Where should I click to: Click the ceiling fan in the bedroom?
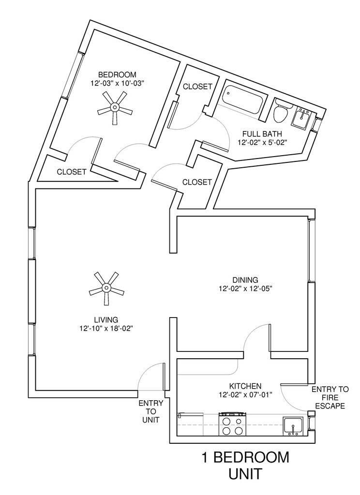(115, 108)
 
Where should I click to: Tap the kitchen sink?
(293, 426)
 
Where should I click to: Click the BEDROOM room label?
(117, 74)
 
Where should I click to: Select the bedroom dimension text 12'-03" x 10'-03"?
(118, 83)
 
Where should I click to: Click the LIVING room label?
(106, 319)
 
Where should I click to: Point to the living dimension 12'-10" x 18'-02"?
(106, 328)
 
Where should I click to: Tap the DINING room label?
(245, 280)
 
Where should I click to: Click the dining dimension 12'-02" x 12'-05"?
(245, 289)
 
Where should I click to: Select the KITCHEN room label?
(245, 386)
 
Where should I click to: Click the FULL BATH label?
(263, 134)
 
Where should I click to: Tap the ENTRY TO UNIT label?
(151, 411)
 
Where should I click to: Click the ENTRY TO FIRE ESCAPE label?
(330, 397)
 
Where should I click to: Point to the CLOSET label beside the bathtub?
(197, 87)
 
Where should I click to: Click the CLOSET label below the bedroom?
(72, 172)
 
